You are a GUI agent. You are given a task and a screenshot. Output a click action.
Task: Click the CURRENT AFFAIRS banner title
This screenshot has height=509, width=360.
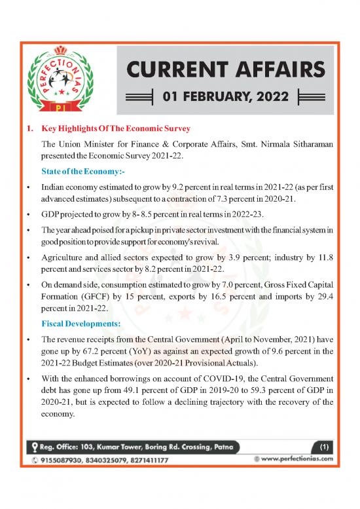click(x=225, y=68)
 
